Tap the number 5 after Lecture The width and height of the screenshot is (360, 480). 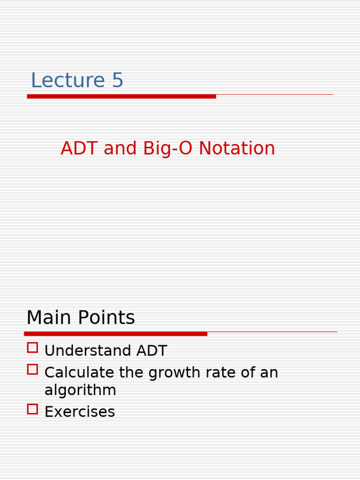[117, 81]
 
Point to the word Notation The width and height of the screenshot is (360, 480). [237, 149]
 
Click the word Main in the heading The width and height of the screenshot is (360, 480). [47, 318]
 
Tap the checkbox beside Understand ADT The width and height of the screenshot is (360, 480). [32, 348]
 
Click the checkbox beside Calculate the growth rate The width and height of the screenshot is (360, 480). [32, 369]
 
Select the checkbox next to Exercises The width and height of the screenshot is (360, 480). [32, 409]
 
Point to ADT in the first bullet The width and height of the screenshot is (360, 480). [153, 351]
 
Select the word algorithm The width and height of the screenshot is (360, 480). [80, 390]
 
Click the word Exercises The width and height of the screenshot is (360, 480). [80, 412]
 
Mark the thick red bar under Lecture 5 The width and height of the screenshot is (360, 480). [121, 97]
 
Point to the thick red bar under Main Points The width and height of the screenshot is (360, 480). [116, 334]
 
